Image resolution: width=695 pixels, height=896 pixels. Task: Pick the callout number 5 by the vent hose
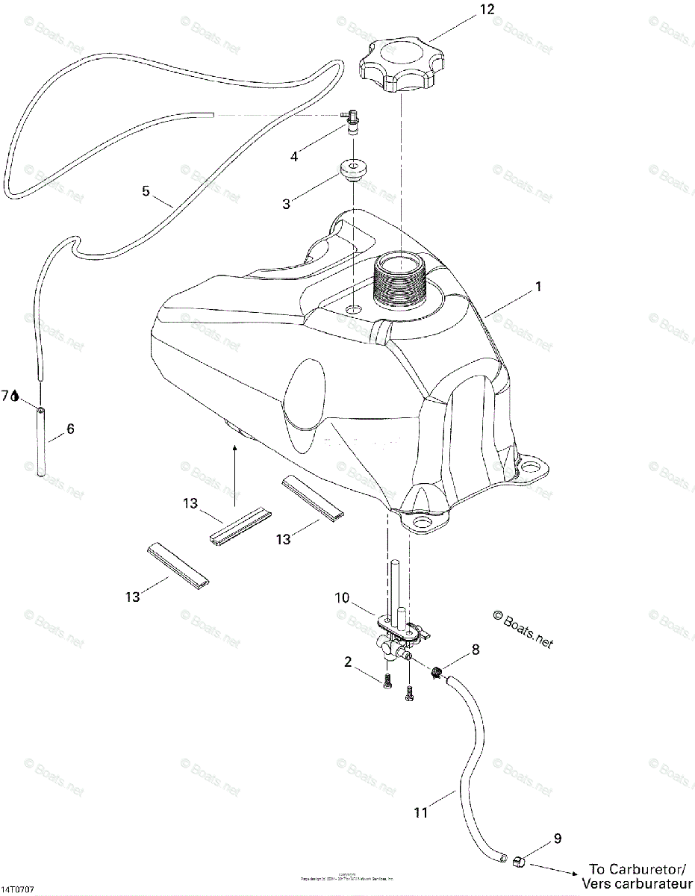[x=146, y=191]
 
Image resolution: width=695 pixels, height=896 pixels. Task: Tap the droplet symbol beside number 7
[x=16, y=396]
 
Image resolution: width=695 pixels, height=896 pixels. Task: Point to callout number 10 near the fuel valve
[x=342, y=598]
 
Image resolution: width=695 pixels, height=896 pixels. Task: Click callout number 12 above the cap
[x=487, y=10]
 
